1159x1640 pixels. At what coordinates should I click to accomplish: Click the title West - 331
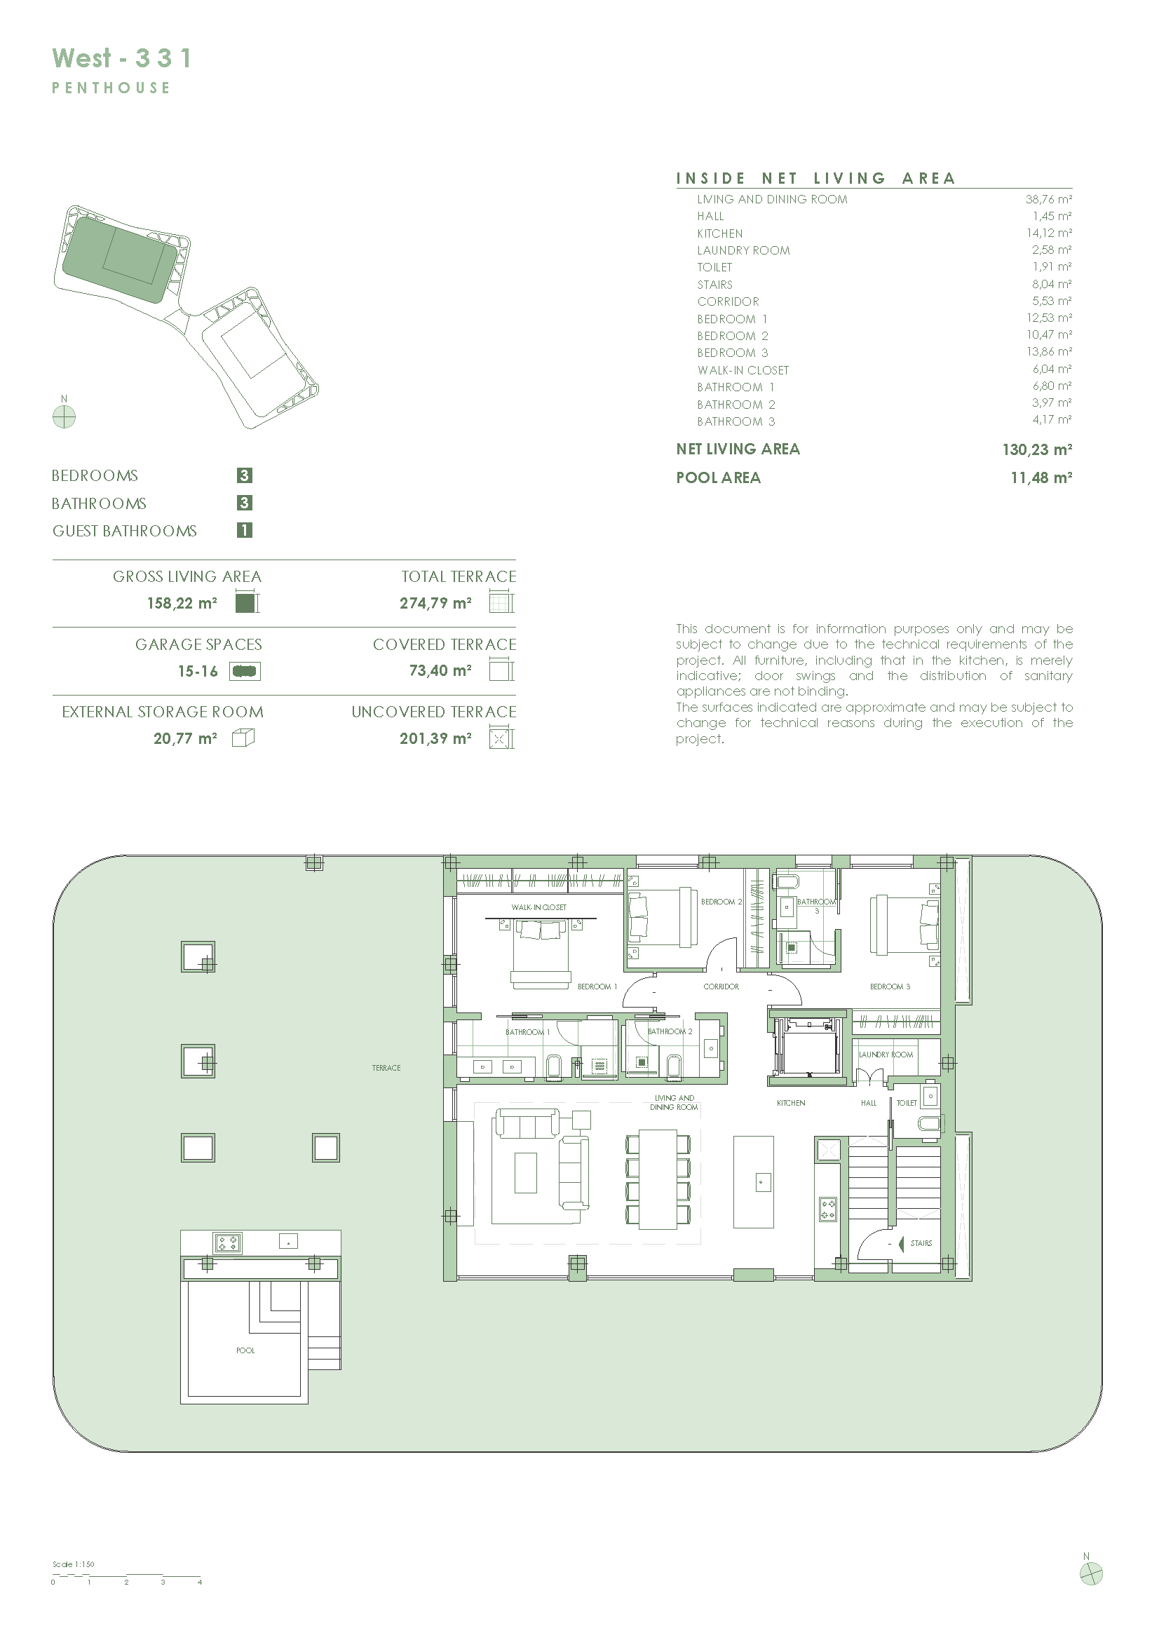(121, 58)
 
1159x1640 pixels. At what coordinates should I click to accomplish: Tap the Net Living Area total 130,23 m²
(1037, 449)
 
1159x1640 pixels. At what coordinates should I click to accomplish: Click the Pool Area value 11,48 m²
(1041, 478)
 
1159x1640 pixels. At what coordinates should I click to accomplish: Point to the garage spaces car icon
(245, 671)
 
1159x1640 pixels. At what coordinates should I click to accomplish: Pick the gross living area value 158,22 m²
(182, 603)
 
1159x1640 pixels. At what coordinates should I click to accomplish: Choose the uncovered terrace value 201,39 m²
(435, 738)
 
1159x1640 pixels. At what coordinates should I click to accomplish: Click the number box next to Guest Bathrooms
(244, 530)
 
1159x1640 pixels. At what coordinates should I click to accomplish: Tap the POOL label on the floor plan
(245, 1350)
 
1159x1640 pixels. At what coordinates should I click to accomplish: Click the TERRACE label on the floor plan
(386, 1068)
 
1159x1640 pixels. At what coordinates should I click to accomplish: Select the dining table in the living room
(658, 1179)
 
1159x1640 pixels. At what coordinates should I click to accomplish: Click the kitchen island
(754, 1181)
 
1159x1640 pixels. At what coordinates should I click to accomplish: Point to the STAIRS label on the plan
(921, 1243)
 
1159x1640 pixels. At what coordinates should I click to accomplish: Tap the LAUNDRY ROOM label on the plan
(886, 1055)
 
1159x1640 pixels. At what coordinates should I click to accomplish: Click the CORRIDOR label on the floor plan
(721, 987)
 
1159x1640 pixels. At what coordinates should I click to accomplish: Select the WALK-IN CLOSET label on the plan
(539, 907)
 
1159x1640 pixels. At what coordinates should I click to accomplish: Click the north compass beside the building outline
(65, 416)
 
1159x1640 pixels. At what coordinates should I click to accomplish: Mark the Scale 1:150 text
(74, 1564)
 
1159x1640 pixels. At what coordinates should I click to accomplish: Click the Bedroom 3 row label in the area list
(733, 353)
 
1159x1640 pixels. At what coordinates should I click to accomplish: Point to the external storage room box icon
(243, 738)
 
